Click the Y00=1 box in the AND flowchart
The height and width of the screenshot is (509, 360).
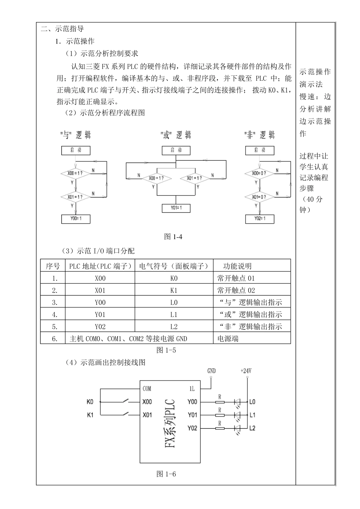point(76,219)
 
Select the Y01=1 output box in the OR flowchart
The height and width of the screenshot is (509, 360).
point(176,208)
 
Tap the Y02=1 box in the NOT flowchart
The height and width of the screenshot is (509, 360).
point(260,219)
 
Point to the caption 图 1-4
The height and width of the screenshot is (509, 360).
point(173,237)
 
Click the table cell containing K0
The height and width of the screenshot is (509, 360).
point(174,278)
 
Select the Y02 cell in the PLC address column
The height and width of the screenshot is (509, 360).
point(100,327)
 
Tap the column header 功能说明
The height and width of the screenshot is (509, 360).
point(237,266)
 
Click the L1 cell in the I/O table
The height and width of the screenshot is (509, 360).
point(174,315)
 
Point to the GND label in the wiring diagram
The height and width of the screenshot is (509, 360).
point(211,371)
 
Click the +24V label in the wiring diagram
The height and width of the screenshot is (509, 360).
point(246,371)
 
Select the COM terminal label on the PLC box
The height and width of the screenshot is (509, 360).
point(147,388)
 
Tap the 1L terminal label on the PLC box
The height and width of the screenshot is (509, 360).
point(192,388)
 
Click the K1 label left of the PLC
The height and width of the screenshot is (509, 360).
point(90,415)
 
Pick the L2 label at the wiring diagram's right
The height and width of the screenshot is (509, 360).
point(252,428)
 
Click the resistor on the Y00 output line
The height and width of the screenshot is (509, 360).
point(220,402)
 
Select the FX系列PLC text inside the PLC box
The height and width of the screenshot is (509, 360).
point(170,423)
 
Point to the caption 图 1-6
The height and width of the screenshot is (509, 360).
point(166,474)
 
